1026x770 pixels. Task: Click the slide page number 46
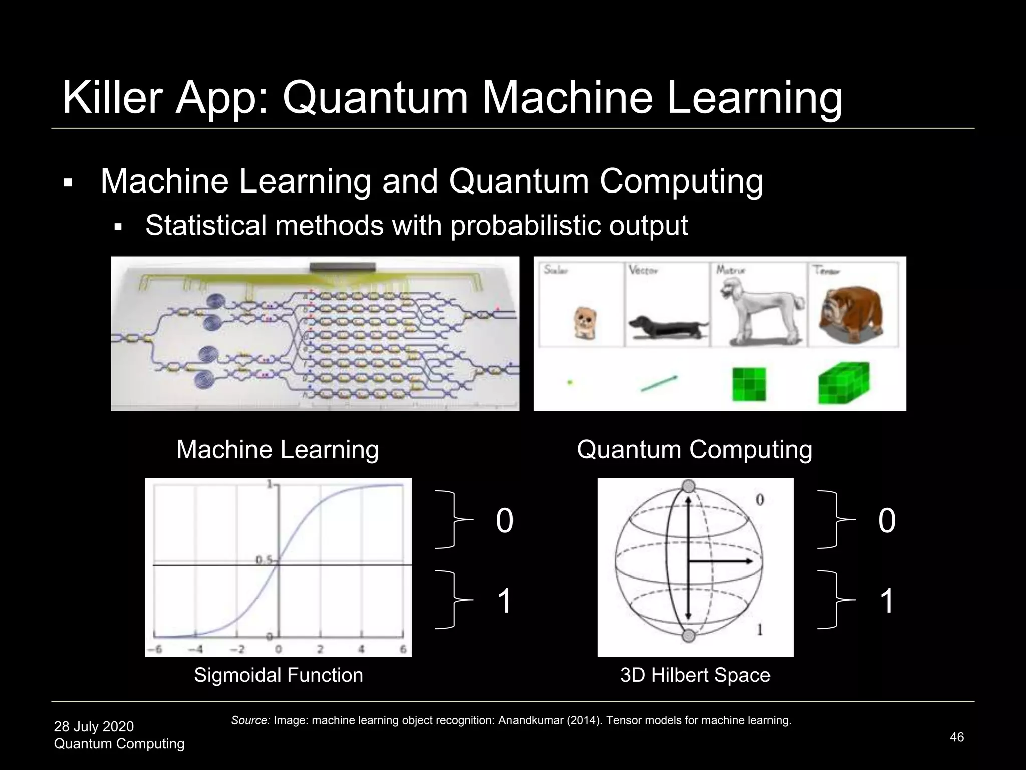956,737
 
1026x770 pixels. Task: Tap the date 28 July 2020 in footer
94,726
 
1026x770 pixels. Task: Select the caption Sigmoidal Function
278,675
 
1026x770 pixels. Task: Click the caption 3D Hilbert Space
695,675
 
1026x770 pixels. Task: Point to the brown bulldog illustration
850,313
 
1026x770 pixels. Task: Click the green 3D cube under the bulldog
844,383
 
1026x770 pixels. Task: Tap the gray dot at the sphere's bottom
689,636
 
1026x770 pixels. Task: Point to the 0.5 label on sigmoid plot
264,560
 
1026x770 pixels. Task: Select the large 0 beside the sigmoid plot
504,520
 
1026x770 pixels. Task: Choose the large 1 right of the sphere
887,601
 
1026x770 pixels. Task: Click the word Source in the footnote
250,721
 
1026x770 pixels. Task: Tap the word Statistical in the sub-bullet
205,225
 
